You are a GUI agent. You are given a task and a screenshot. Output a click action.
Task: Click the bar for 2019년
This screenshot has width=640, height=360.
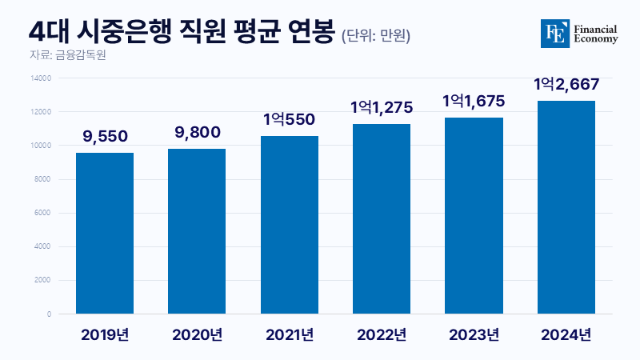pos(105,233)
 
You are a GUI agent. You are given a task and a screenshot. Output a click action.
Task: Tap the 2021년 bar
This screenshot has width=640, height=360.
pos(289,225)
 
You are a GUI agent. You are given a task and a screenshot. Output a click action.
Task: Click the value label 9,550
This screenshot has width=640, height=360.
pos(105,138)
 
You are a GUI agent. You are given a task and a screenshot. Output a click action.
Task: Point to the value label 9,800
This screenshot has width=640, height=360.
pos(197,134)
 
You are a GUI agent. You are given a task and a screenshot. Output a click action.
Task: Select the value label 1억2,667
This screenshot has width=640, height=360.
pos(566,85)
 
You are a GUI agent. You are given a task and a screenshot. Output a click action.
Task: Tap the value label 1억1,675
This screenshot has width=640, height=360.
pos(473,102)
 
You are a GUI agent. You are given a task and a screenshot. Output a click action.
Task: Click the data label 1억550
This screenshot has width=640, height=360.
pos(289,120)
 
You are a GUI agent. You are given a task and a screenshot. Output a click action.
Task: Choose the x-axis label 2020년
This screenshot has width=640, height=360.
pos(197,334)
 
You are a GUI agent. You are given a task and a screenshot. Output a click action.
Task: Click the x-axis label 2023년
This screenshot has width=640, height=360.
pos(473,334)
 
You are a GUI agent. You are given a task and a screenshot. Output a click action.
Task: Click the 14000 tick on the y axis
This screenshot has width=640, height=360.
pos(41,78)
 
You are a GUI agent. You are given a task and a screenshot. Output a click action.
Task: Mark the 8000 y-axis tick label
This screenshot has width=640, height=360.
pos(42,179)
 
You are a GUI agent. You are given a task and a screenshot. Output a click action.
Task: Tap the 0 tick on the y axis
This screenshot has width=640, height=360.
pos(49,314)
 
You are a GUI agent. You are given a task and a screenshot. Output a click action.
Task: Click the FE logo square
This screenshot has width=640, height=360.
pos(554,32)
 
